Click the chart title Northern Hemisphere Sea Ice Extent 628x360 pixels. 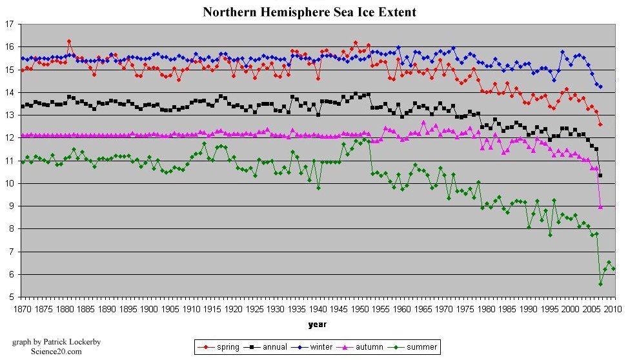[309, 12]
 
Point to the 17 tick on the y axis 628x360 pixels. [9, 25]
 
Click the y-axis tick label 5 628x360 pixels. [11, 297]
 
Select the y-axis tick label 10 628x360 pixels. [9, 184]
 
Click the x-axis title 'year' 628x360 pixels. [317, 324]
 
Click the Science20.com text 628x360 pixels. [56, 352]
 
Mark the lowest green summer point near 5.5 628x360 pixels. [600, 284]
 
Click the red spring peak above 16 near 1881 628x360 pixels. [69, 41]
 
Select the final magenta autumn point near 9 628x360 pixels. [600, 206]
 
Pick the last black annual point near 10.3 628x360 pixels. [600, 175]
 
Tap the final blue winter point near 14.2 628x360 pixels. [600, 86]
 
